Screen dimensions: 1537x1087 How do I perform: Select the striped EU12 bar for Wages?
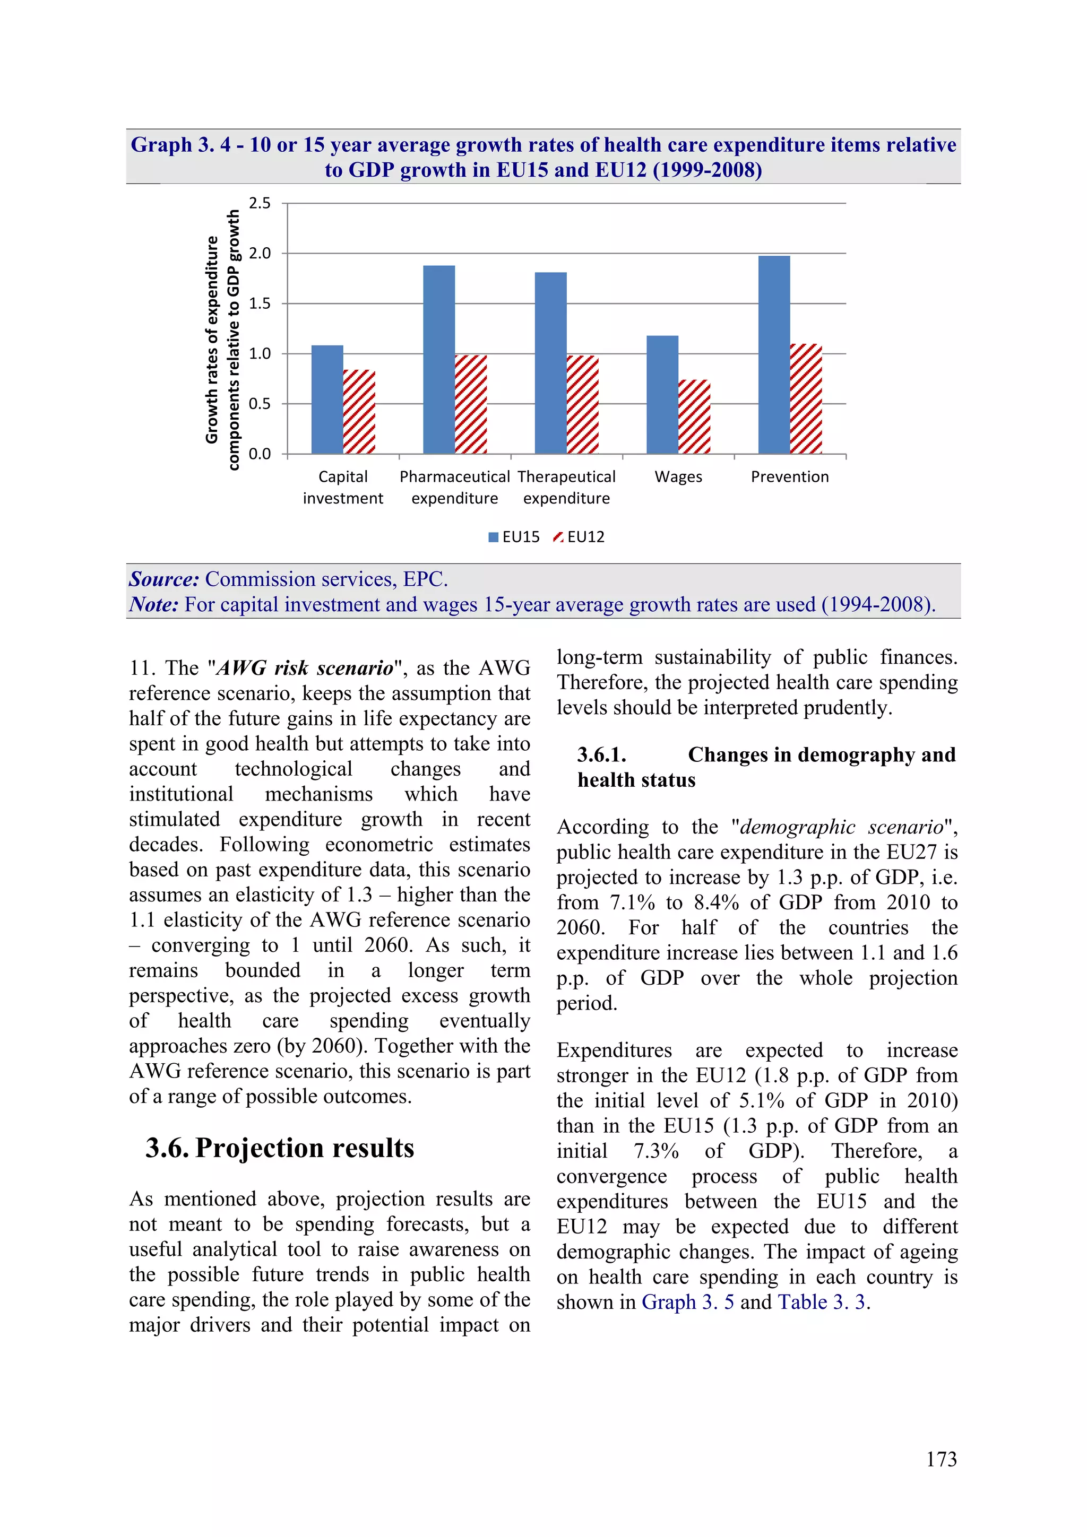click(694, 416)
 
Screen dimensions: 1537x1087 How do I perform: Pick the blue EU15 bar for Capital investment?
click(327, 400)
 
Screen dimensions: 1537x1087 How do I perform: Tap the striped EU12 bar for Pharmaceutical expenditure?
click(470, 404)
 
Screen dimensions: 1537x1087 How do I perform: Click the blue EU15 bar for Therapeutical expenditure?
click(550, 363)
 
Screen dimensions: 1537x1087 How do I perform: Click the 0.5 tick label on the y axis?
click(260, 404)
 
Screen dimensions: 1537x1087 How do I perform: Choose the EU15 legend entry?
click(514, 537)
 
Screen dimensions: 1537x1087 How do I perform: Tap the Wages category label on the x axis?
click(678, 476)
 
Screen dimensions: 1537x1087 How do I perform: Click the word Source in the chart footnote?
click(164, 579)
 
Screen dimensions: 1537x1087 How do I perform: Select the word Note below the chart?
click(153, 604)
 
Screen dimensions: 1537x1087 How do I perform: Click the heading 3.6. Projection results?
click(280, 1148)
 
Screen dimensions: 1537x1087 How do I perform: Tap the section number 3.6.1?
click(601, 754)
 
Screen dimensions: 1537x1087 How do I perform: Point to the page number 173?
click(941, 1460)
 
